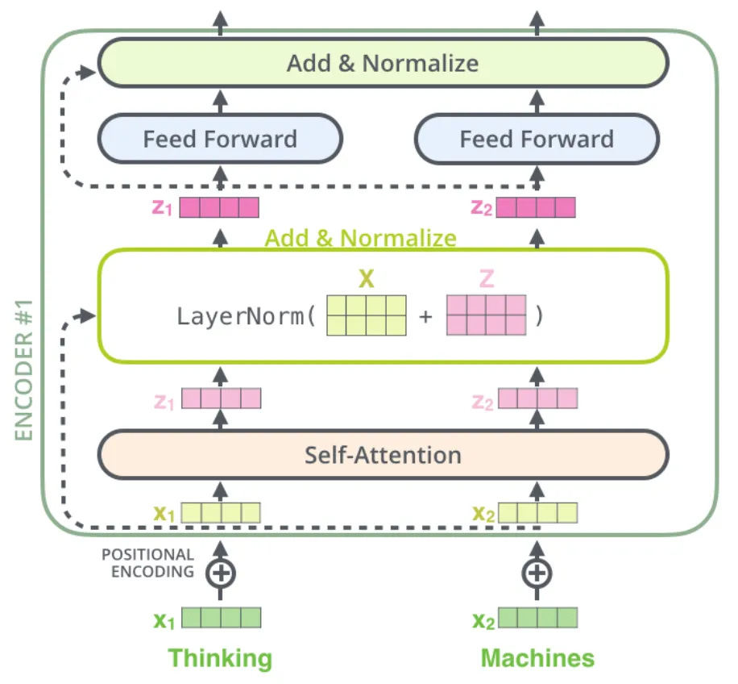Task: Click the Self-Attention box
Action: tap(384, 455)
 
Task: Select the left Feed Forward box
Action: tap(220, 139)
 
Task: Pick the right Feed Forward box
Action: tap(537, 139)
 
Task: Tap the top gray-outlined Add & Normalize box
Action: tap(384, 63)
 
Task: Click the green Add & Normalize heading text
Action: tap(360, 238)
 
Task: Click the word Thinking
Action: tap(220, 658)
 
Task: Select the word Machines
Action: tap(537, 657)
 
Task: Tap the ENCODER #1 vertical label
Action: tap(23, 370)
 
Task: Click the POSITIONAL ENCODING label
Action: tap(147, 563)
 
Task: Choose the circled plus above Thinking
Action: tap(220, 573)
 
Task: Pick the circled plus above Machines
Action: tap(537, 573)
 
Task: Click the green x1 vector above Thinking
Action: tap(222, 618)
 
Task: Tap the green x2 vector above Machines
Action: tap(538, 618)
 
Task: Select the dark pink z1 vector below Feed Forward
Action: tap(219, 207)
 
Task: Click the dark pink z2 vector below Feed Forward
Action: tap(536, 207)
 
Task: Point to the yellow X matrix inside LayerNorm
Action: tap(367, 315)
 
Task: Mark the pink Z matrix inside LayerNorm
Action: tap(486, 315)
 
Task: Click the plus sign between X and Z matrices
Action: tap(425, 316)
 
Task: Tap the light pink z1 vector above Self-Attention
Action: tap(222, 398)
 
